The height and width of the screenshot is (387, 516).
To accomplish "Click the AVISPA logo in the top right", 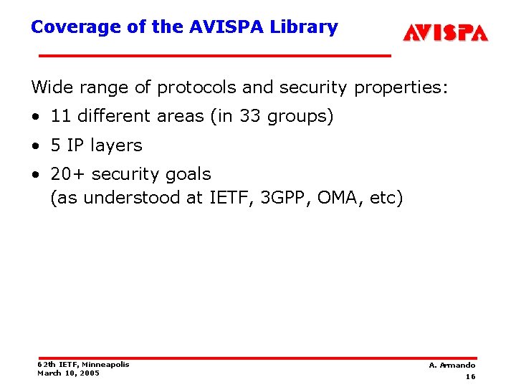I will coord(445,32).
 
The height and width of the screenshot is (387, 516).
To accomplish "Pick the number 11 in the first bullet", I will coord(60,116).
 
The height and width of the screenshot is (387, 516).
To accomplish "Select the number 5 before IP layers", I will coord(56,145).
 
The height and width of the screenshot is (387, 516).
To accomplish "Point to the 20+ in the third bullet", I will coord(68,174).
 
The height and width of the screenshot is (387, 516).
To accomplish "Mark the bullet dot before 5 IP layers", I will coord(36,146).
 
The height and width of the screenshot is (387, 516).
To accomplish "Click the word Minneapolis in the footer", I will coord(106,364).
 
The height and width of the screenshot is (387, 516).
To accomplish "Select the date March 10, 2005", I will coord(69,373).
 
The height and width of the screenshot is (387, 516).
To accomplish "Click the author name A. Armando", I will coord(452,365).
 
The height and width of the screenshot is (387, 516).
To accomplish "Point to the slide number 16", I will coord(470,376).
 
